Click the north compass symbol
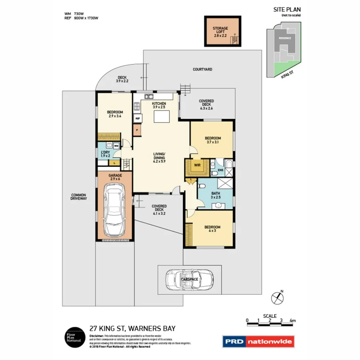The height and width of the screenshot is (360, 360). click(x=277, y=297)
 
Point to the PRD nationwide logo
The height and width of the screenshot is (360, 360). click(x=258, y=341)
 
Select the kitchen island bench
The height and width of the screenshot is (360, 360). click(x=161, y=116)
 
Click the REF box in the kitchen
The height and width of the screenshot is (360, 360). click(x=137, y=118)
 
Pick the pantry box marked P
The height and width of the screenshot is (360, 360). click(x=137, y=131)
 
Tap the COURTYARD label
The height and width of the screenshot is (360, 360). click(x=202, y=70)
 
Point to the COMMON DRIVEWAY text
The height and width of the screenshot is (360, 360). click(x=79, y=197)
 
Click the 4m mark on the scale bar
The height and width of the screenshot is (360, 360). click(x=292, y=320)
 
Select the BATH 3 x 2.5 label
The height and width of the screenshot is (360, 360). click(x=216, y=195)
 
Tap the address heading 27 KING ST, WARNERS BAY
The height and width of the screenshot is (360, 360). click(x=132, y=328)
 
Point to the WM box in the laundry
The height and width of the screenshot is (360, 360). click(x=116, y=146)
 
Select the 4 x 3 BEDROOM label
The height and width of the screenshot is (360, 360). click(x=212, y=229)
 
